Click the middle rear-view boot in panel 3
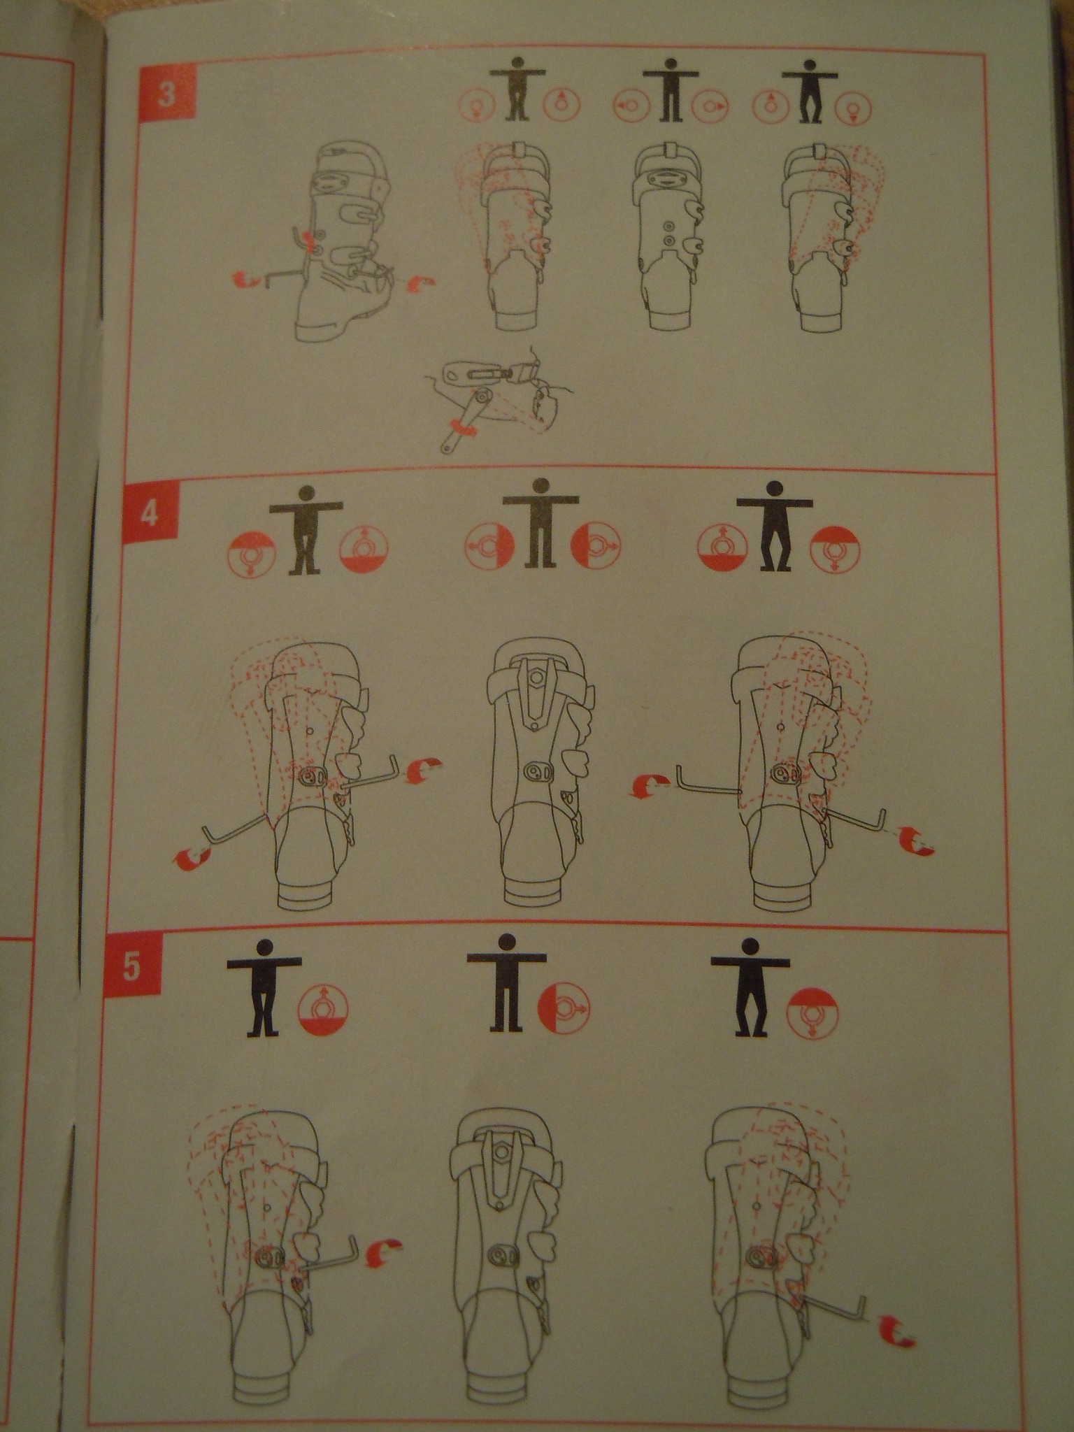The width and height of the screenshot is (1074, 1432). (x=668, y=238)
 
